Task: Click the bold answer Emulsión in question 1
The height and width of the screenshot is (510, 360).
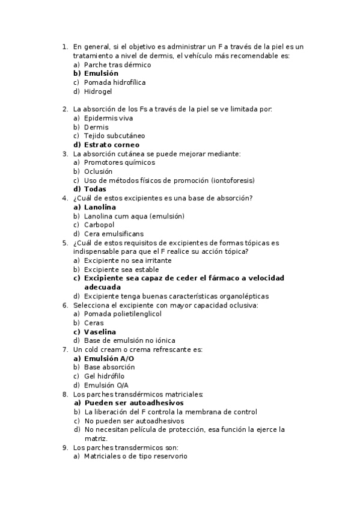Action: point(101,73)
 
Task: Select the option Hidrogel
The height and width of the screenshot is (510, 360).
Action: point(98,92)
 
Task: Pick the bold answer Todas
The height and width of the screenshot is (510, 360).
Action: point(95,189)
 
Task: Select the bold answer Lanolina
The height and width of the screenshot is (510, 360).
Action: point(100,207)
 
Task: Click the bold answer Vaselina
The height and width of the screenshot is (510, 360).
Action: point(100,332)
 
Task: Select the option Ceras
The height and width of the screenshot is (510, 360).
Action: point(94,323)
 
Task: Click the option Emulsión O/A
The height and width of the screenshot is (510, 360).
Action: point(106,385)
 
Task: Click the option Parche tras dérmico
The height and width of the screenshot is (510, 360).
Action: point(117,65)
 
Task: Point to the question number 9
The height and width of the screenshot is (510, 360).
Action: point(65,447)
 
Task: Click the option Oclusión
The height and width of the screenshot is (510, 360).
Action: point(98,171)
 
